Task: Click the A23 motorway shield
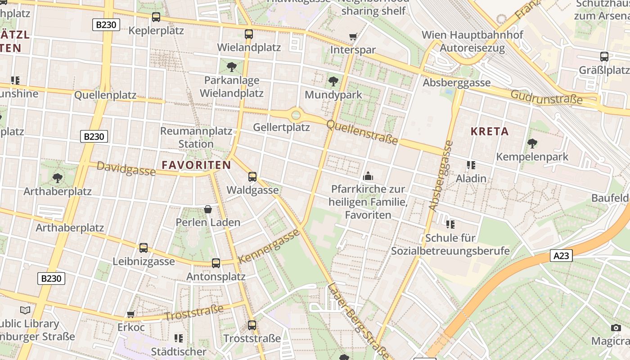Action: tap(561, 256)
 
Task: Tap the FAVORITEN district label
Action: tap(196, 165)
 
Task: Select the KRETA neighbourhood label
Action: tap(490, 131)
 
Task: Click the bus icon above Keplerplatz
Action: tap(156, 17)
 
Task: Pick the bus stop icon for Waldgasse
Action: tap(252, 176)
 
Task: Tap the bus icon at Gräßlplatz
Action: tap(604, 57)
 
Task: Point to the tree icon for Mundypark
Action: tap(333, 81)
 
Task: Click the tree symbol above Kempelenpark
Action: tap(532, 144)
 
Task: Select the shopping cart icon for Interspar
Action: tap(353, 36)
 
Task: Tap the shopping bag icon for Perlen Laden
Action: tap(208, 209)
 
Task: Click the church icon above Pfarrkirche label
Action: tap(368, 175)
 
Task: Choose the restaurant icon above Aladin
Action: tap(471, 165)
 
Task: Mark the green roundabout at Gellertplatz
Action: tap(296, 115)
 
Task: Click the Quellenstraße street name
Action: tap(362, 132)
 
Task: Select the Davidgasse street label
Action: tap(126, 169)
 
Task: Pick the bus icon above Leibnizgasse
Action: tap(144, 247)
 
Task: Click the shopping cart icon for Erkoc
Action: tap(131, 314)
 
